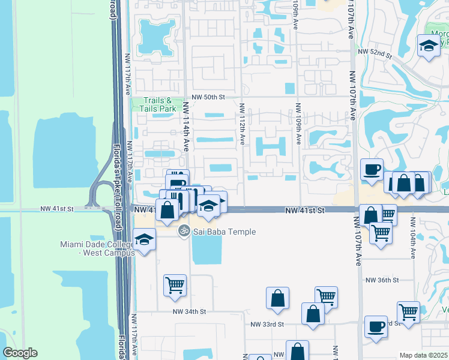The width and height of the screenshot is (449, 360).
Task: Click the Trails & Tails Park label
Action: (x=158, y=104)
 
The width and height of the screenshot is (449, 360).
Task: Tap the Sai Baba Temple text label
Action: (x=225, y=232)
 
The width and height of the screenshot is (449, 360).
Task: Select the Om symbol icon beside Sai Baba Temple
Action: (x=184, y=230)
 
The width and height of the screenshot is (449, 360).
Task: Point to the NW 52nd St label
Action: (x=374, y=54)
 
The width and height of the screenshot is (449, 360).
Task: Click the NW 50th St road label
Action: (x=208, y=96)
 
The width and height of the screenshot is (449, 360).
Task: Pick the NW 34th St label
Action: (x=189, y=311)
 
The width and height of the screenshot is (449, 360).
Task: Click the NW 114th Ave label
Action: (x=186, y=125)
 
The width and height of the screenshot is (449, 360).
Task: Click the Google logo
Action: (x=20, y=353)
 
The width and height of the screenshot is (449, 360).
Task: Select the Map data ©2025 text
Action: (x=423, y=355)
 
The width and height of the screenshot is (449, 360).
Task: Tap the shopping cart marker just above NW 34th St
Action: (x=175, y=285)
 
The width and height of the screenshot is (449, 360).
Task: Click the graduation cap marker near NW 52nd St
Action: (x=429, y=46)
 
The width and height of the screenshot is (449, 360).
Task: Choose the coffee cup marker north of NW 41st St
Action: (x=372, y=169)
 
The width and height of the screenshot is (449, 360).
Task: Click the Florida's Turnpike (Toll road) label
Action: (x=117, y=180)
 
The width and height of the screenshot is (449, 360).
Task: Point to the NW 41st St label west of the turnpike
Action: (x=57, y=209)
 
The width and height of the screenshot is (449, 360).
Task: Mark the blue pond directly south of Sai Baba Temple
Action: (x=206, y=249)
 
